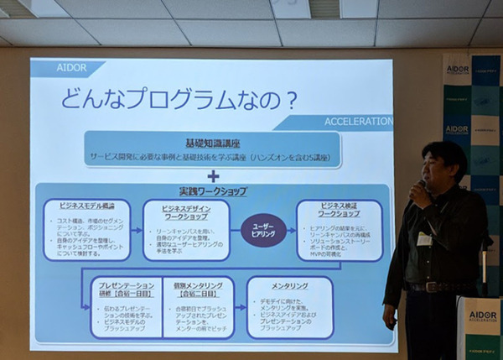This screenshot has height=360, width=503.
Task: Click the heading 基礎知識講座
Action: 213,142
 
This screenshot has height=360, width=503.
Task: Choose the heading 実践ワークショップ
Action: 213,191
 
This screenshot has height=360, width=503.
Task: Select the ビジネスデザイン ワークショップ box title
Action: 185,210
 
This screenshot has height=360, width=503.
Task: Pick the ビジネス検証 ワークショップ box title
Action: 339,209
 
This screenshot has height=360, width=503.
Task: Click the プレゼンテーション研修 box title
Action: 124,290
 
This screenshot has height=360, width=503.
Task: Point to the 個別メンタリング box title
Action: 194,290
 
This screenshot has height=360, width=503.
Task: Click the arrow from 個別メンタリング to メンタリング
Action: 240,307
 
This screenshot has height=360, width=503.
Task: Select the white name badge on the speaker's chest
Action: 424,239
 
